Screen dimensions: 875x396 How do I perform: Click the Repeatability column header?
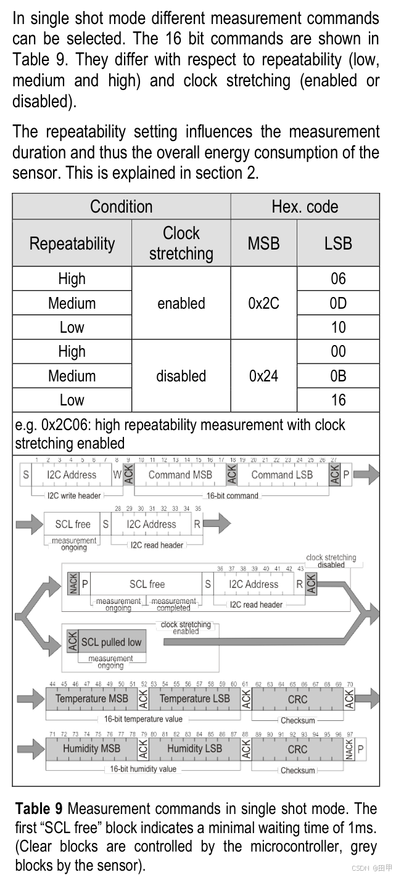click(72, 243)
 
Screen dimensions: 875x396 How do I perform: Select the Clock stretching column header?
click(181, 243)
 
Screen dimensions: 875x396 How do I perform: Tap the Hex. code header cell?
click(305, 206)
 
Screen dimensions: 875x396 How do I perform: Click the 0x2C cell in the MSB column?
click(263, 303)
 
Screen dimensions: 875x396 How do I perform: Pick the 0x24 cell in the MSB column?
click(263, 376)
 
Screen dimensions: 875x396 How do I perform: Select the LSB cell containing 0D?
click(338, 303)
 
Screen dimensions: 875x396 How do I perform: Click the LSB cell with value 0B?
click(338, 376)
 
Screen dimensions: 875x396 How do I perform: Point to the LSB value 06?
click(338, 279)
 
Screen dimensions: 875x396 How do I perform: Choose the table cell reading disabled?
click(181, 376)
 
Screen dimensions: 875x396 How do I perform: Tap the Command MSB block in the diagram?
click(180, 474)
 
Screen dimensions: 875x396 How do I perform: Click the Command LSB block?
click(282, 474)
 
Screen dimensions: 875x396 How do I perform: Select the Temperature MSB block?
click(92, 699)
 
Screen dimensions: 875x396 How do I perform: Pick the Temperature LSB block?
click(194, 699)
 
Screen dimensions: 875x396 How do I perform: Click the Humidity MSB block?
click(92, 749)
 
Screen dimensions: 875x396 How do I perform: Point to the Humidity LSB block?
click(194, 749)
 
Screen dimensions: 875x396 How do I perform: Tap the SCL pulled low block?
click(112, 642)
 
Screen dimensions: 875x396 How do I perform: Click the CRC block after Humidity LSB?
click(297, 749)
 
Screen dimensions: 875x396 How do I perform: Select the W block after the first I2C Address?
click(117, 474)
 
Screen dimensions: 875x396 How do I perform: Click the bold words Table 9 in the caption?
click(38, 808)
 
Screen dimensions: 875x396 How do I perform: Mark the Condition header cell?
click(121, 206)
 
